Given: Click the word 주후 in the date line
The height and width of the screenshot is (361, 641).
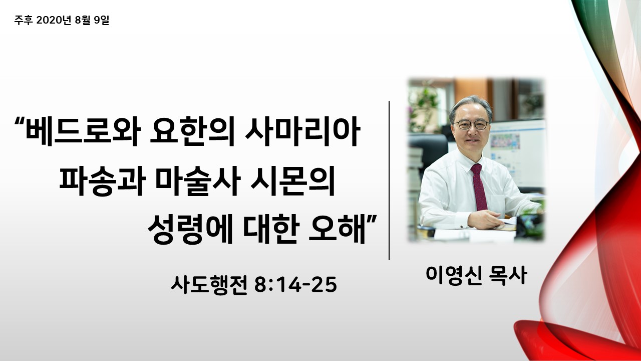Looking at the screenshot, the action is tap(24, 20).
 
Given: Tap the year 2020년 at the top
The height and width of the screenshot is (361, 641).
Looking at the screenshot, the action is tap(54, 20).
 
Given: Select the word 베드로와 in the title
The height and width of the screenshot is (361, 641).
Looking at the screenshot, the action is tap(84, 131).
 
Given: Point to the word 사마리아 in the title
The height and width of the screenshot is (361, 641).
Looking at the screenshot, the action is tap(302, 131).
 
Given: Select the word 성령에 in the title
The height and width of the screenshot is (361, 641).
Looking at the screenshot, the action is tap(190, 229).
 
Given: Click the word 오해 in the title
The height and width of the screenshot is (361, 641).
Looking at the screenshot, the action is tap(338, 229).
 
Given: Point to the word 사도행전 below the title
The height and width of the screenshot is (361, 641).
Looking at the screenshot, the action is tap(209, 285).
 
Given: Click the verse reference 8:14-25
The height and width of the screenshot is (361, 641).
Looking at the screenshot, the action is tap(295, 285).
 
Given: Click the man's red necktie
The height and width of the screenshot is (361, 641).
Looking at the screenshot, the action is tap(479, 187).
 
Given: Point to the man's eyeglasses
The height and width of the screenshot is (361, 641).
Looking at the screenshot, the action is tap(471, 125).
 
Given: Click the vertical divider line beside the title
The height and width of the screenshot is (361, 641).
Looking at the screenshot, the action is tap(389, 180).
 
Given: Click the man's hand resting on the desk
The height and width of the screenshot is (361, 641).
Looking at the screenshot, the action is tap(484, 219).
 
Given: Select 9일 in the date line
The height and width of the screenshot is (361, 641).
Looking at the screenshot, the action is tap(102, 20).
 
